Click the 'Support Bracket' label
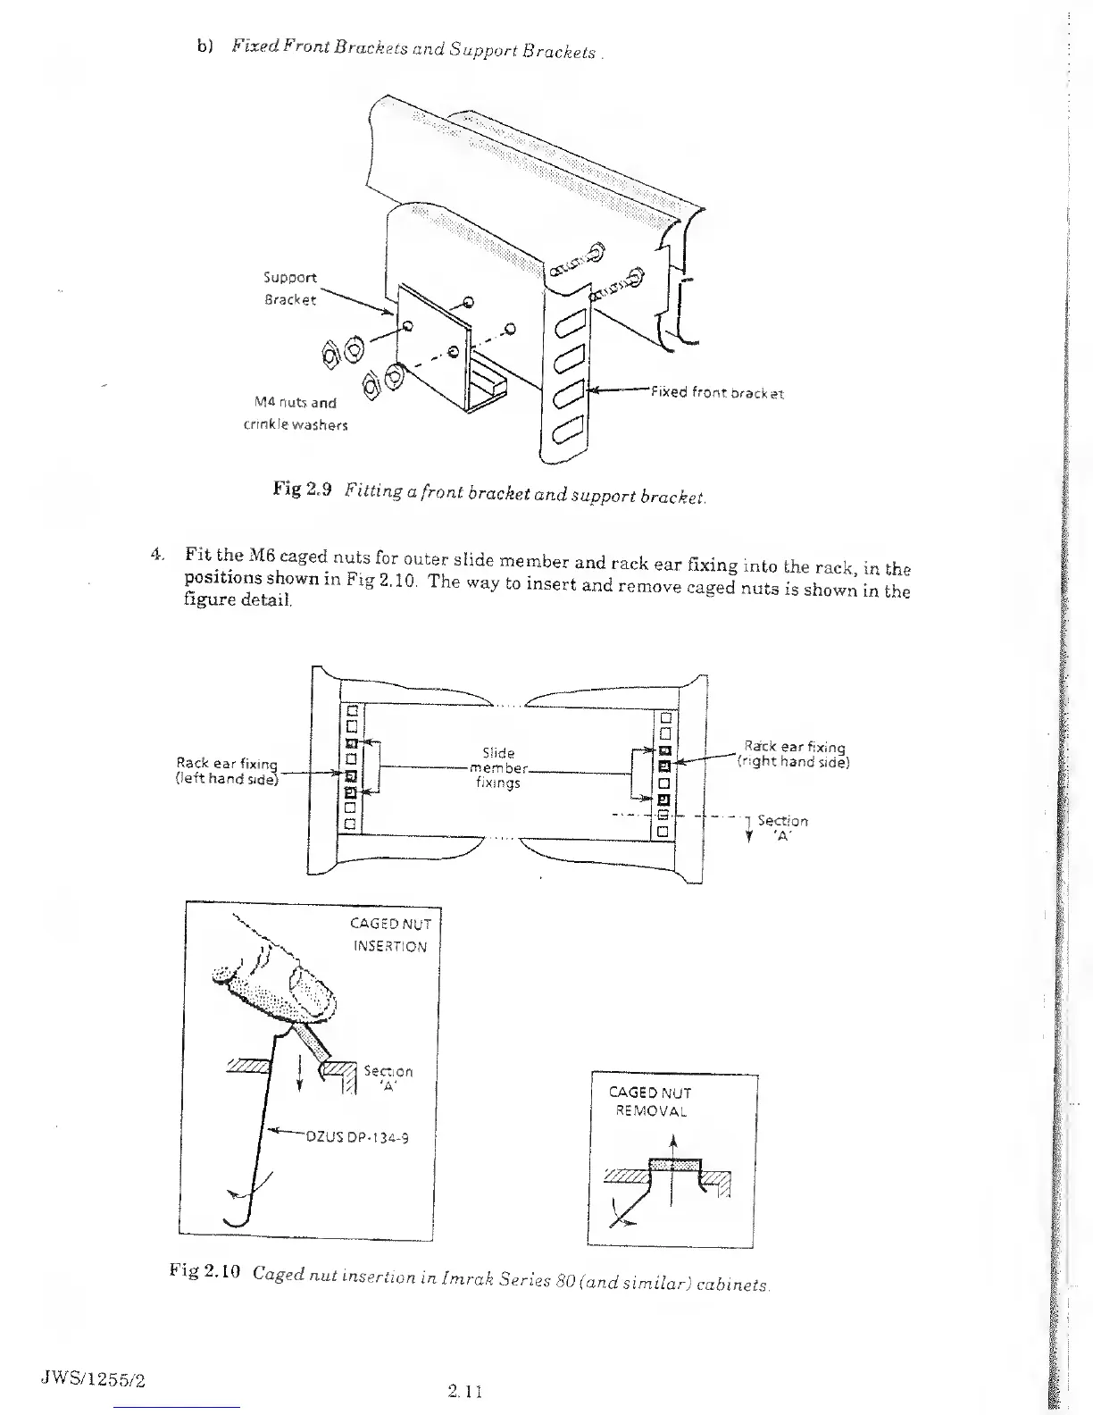tap(289, 289)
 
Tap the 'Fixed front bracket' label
tap(717, 393)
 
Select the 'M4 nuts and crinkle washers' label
tap(295, 414)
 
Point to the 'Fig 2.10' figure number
tap(203, 1271)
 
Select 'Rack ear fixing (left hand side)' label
tap(227, 771)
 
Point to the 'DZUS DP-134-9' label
tap(357, 1137)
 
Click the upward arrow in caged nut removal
tap(672, 1146)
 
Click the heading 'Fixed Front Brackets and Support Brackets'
tap(413, 48)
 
